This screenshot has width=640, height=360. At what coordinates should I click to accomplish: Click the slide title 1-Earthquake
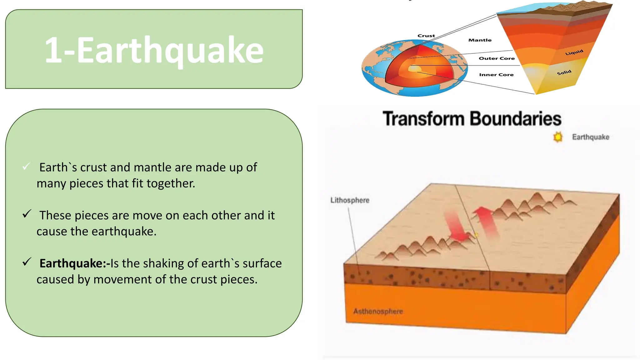coord(154,50)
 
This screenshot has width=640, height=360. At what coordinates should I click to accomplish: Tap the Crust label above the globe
coord(426,36)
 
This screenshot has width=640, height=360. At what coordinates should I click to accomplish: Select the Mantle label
coord(480,40)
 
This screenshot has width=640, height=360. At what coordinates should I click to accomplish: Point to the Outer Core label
coord(497,58)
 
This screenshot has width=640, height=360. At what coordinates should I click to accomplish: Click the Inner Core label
coord(496,75)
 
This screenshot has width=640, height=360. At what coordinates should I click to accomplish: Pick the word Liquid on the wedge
coord(574,52)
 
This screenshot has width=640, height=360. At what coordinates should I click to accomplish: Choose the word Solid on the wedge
coord(564,72)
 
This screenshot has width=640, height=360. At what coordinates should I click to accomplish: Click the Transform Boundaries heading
coord(472,119)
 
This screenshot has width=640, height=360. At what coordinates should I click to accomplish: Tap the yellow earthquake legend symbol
coord(557,137)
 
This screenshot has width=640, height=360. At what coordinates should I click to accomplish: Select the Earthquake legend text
coord(591,137)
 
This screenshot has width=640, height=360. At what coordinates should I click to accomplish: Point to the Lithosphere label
coord(350,200)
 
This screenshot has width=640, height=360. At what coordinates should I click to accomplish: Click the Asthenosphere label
coord(378,311)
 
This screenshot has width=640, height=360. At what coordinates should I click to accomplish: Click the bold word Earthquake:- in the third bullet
coord(74,263)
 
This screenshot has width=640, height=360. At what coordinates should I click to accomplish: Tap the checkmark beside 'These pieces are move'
coord(27,214)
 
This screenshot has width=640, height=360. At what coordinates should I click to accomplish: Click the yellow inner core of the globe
coord(413,68)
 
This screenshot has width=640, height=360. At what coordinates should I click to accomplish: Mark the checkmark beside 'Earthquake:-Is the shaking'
coord(27,262)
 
